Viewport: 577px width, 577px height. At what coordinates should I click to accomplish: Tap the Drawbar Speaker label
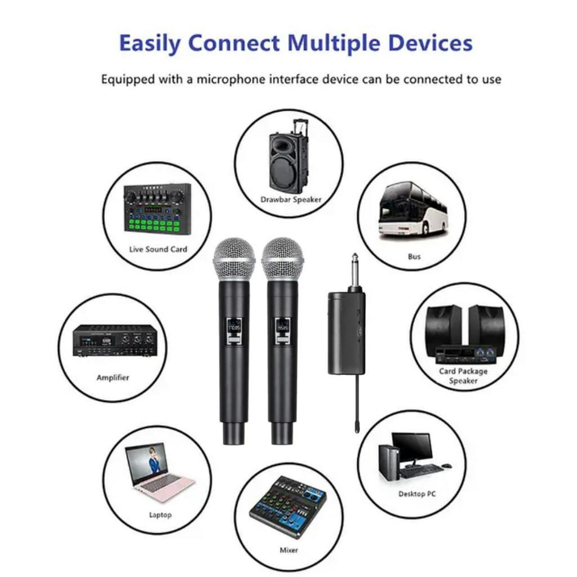click(291, 199)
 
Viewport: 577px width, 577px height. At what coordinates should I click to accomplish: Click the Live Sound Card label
click(158, 249)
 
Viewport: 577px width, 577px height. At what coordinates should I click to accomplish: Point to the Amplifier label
click(113, 378)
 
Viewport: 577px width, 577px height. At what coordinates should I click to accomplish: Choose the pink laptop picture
click(159, 472)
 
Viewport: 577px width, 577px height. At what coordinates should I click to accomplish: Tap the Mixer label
click(289, 550)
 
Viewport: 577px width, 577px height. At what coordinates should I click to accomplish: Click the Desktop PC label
click(417, 494)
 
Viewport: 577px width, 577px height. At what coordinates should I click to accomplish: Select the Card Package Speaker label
click(463, 376)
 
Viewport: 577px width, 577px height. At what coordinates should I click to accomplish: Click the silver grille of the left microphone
click(234, 258)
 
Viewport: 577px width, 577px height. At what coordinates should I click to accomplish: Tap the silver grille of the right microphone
click(282, 258)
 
